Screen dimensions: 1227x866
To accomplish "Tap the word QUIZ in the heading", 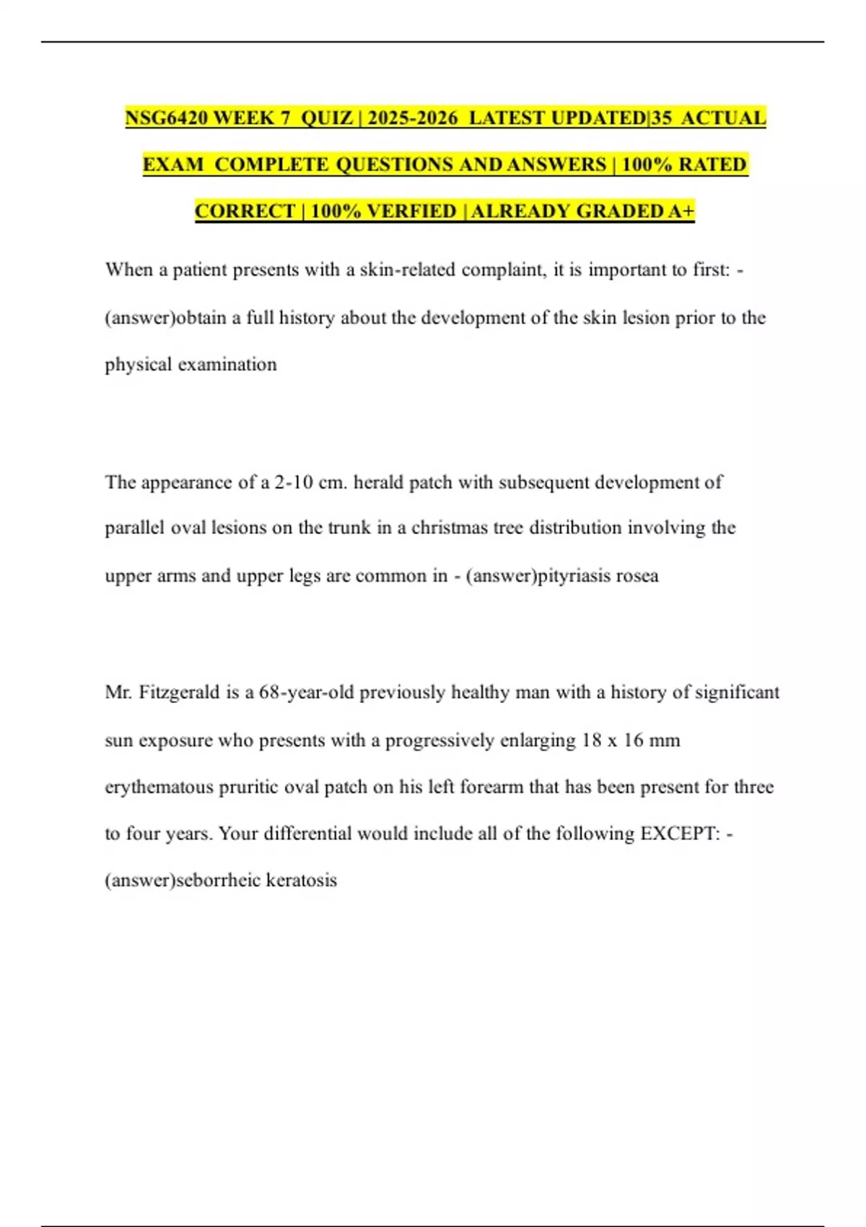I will click(326, 118).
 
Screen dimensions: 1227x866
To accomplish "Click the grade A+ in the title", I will click(681, 211).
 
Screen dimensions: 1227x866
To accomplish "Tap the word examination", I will click(227, 364).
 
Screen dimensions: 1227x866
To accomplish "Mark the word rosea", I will click(638, 576).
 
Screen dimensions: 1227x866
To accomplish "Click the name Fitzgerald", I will click(179, 693).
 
